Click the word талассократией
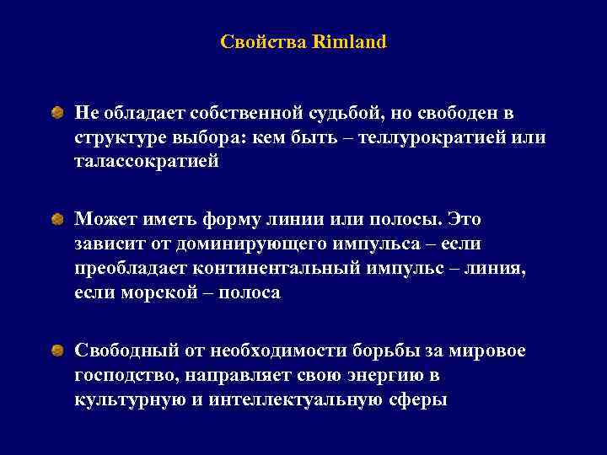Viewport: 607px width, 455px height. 147,161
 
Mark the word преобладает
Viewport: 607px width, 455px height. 131,268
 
